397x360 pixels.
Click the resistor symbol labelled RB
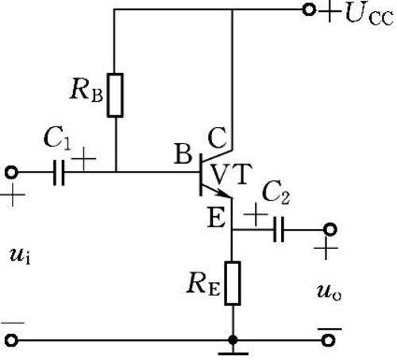(x=115, y=95)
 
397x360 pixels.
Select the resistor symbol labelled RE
(x=233, y=283)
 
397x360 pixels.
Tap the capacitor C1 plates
(x=59, y=172)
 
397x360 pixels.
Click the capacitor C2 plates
(x=279, y=230)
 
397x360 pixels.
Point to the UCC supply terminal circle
(x=309, y=10)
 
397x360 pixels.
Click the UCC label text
(x=369, y=14)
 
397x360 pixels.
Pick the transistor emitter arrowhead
(x=224, y=194)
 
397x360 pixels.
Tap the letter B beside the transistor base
(x=183, y=153)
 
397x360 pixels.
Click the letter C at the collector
(x=217, y=138)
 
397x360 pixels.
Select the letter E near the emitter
(x=216, y=218)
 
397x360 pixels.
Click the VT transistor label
(x=232, y=174)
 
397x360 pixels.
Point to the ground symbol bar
(x=233, y=354)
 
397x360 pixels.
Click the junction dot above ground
(x=233, y=340)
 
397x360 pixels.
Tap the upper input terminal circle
(x=11, y=172)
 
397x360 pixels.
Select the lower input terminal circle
(x=11, y=340)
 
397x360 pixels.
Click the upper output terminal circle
(x=330, y=230)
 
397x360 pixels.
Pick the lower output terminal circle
(x=328, y=340)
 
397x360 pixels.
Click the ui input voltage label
(x=20, y=256)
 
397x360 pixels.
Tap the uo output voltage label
(x=330, y=293)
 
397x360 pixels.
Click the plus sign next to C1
(x=83, y=159)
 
